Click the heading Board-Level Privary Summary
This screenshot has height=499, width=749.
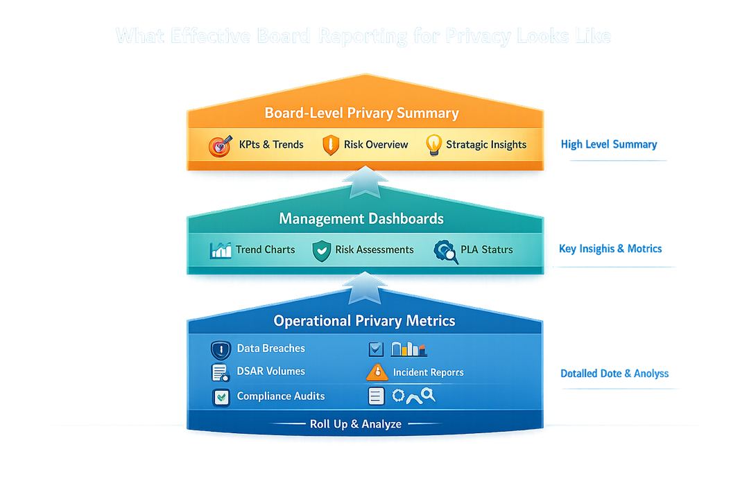click(x=361, y=113)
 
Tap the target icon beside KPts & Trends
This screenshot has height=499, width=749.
click(x=220, y=145)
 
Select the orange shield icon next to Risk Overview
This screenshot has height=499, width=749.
click(x=331, y=145)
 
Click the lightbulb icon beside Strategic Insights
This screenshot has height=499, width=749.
click(x=433, y=145)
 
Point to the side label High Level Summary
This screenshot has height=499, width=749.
click(x=608, y=144)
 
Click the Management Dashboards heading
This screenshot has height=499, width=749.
click(x=361, y=218)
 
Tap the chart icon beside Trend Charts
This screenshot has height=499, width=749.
click(x=221, y=250)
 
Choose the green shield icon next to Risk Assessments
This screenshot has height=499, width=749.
click(x=321, y=250)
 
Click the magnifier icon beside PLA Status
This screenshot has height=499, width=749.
click(x=446, y=251)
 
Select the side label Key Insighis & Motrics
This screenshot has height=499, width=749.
click(x=610, y=248)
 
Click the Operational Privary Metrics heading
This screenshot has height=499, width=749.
click(x=364, y=321)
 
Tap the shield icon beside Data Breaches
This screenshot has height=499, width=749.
click(x=221, y=350)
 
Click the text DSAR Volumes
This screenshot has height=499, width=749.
click(x=270, y=371)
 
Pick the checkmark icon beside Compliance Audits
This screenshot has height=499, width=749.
click(x=221, y=397)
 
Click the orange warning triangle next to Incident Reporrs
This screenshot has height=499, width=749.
click(x=377, y=371)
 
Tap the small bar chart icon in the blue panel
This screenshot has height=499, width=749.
click(x=409, y=349)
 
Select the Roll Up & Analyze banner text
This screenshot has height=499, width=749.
click(x=355, y=423)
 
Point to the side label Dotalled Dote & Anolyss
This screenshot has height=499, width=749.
click(x=614, y=373)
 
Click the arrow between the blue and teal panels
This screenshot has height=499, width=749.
click(x=365, y=288)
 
